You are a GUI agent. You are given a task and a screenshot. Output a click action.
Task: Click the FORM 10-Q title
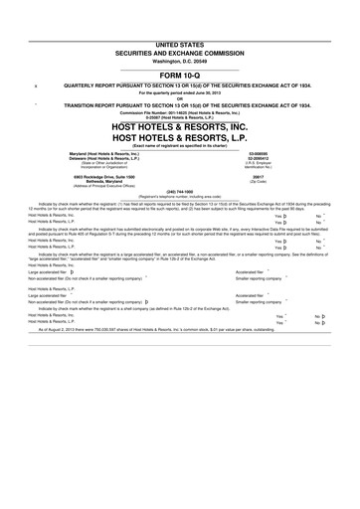[x=180, y=75]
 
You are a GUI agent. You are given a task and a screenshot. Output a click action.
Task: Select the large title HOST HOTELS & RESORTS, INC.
[x=180, y=129]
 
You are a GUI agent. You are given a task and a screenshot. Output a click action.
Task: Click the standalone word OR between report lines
[x=180, y=97]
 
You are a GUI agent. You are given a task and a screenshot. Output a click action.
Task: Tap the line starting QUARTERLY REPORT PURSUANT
[x=185, y=86]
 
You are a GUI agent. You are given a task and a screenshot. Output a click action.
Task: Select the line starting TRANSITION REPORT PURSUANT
[x=185, y=104]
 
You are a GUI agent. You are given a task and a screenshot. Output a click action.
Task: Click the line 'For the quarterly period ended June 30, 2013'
[x=180, y=92]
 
